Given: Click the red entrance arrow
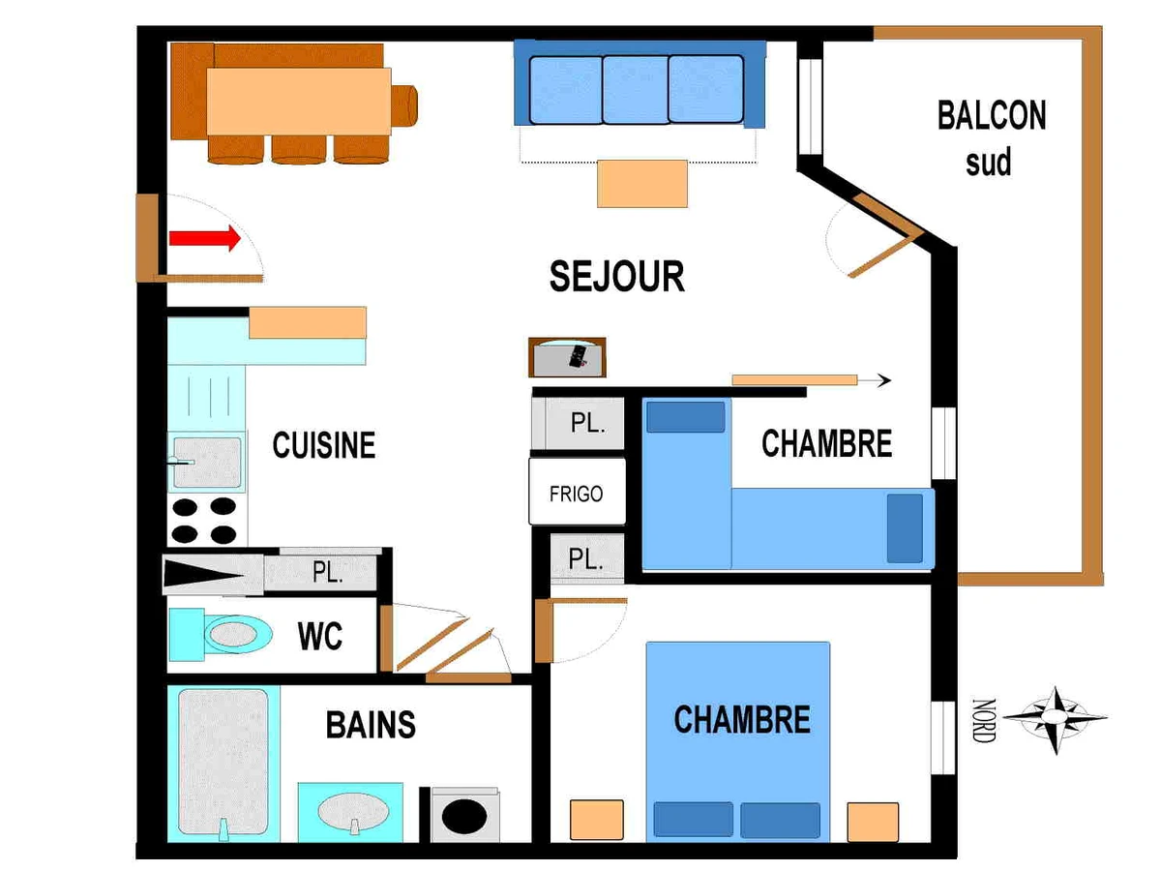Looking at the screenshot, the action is (205, 238).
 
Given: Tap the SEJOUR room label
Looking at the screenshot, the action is (616, 277).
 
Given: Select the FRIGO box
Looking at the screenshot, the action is (577, 492).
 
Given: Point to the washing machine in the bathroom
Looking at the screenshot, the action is (465, 815).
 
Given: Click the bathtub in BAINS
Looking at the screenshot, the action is (223, 764).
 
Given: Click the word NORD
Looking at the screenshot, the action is (984, 720).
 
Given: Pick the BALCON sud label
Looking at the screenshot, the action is (992, 138).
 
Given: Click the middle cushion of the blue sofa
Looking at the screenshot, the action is (636, 90).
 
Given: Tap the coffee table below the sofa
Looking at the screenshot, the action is (642, 184).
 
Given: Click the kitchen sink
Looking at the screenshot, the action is (207, 463).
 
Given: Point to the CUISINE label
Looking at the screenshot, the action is (324, 445).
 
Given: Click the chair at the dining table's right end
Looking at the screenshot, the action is (404, 105).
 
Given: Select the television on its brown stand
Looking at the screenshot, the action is (567, 357).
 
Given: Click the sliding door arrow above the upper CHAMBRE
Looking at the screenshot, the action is (812, 379).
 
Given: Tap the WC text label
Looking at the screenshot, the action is (320, 636).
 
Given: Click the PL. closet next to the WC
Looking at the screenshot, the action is (320, 572).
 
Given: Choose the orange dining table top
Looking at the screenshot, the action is (299, 102).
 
